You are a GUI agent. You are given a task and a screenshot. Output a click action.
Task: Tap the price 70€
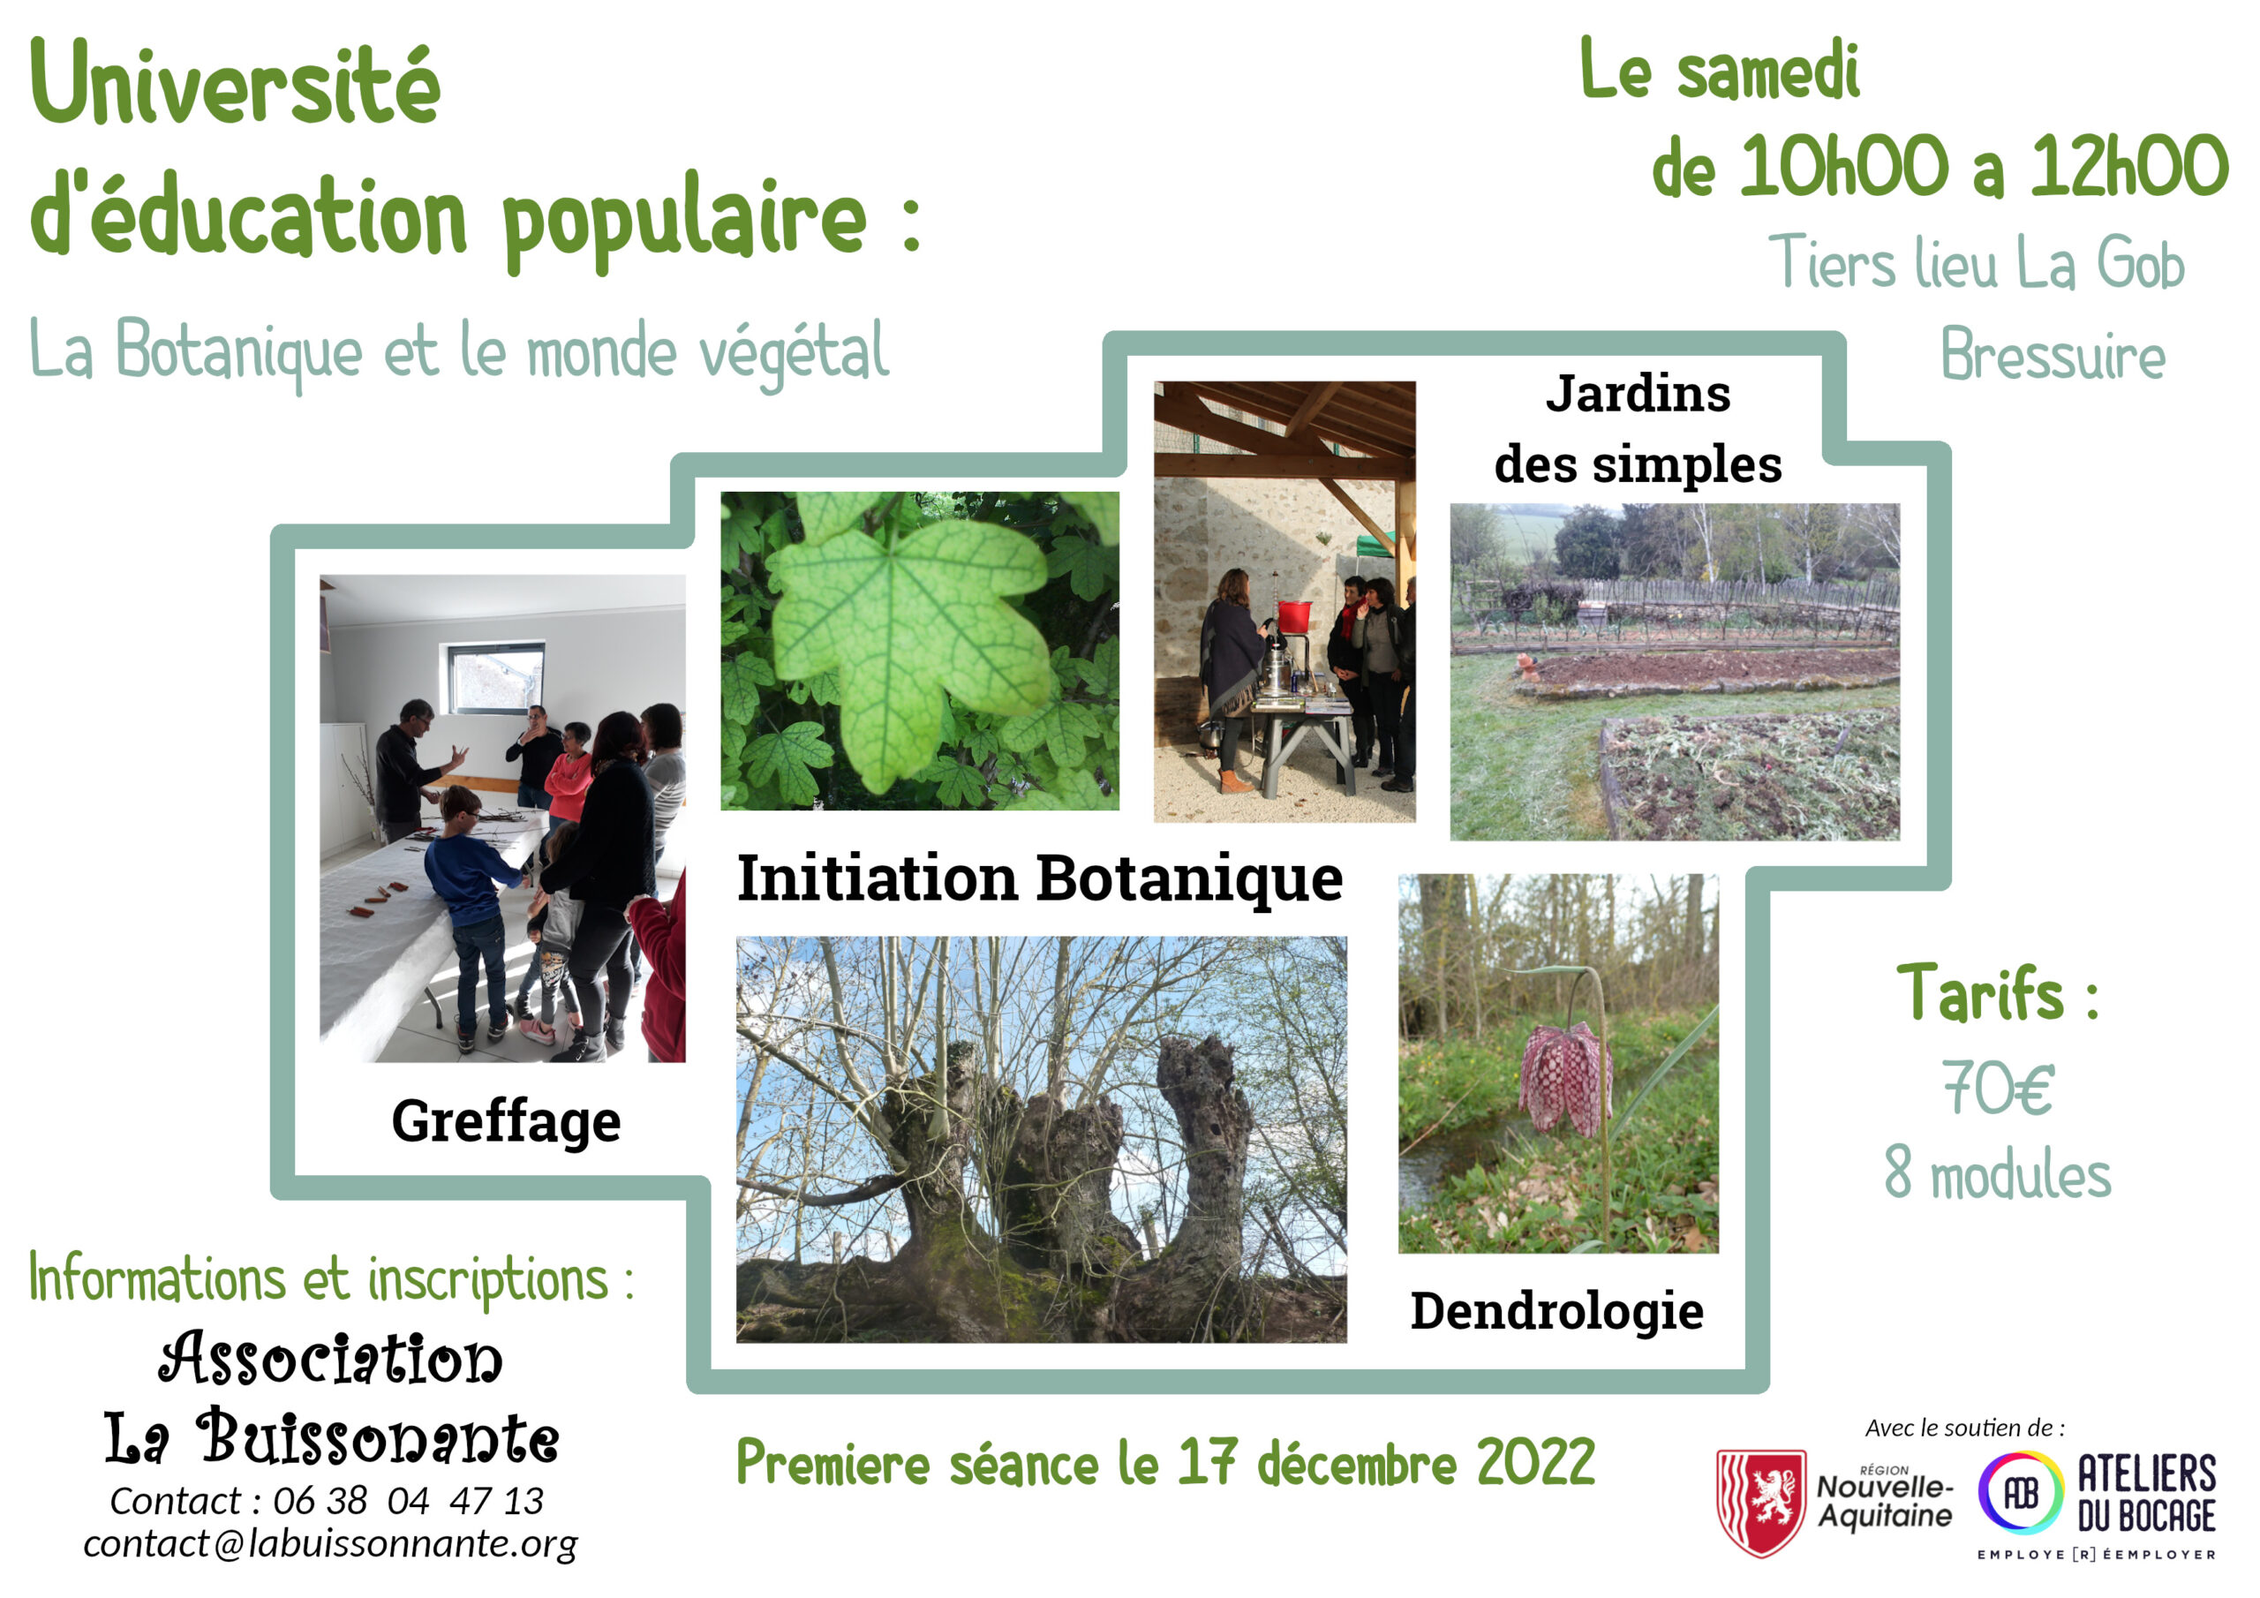tap(1998, 1088)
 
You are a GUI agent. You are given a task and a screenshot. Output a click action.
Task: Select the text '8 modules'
tap(1998, 1172)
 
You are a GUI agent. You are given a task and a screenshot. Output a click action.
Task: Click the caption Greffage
tap(506, 1122)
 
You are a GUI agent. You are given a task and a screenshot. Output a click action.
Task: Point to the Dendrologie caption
tap(1556, 1311)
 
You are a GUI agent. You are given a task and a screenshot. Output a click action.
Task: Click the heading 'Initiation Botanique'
tap(1039, 878)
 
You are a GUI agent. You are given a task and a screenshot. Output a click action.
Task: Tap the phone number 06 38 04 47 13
tap(408, 1501)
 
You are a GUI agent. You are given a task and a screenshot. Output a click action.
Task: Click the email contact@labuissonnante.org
tap(330, 1544)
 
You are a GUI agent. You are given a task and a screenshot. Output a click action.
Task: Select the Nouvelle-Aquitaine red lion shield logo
tap(1761, 1503)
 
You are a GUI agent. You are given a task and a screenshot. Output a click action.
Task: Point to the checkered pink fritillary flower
tap(1564, 1079)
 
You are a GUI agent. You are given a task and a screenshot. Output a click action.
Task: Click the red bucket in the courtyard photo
tap(1294, 616)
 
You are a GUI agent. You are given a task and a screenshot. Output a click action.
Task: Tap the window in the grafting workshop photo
tap(496, 677)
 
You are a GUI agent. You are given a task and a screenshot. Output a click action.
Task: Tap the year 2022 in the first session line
tap(1535, 1462)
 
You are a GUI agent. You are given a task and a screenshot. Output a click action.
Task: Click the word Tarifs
tap(1979, 992)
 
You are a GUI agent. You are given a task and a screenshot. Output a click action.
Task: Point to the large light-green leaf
tap(910, 640)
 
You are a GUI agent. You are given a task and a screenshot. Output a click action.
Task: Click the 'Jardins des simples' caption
tap(1638, 428)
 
